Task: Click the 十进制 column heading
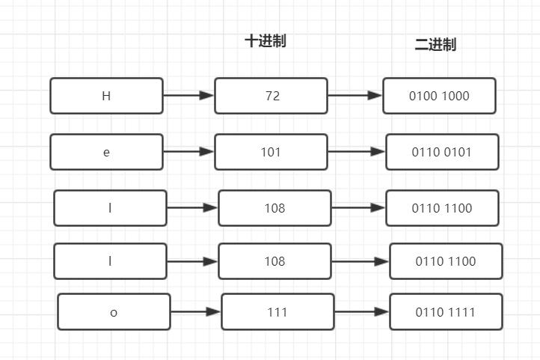(x=266, y=41)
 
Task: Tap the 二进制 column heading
(x=435, y=45)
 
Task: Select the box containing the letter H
(x=106, y=96)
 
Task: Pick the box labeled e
(x=106, y=152)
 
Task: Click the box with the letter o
(x=114, y=312)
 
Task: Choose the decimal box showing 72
(x=271, y=96)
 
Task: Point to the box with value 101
(x=271, y=152)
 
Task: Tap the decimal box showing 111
(x=277, y=312)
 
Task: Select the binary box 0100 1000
(x=439, y=96)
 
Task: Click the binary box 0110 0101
(x=442, y=152)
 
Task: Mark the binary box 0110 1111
(x=446, y=312)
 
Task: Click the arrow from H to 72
(x=188, y=95)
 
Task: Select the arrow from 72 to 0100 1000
(x=355, y=95)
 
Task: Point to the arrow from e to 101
(x=188, y=151)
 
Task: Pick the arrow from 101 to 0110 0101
(x=357, y=151)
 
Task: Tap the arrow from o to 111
(x=196, y=311)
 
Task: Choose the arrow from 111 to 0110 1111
(x=362, y=311)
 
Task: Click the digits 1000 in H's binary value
(x=455, y=96)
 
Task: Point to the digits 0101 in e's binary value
(x=458, y=152)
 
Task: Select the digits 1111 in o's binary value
(x=461, y=312)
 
